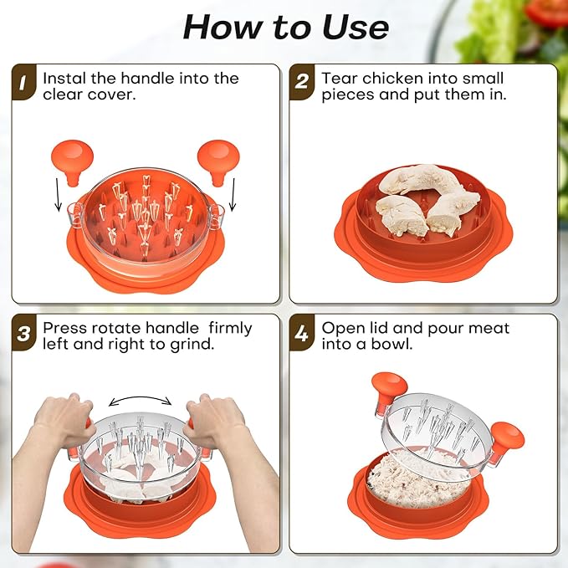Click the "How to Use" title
coord(285,27)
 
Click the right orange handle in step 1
coord(216,159)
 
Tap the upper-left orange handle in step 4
coord(389,387)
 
